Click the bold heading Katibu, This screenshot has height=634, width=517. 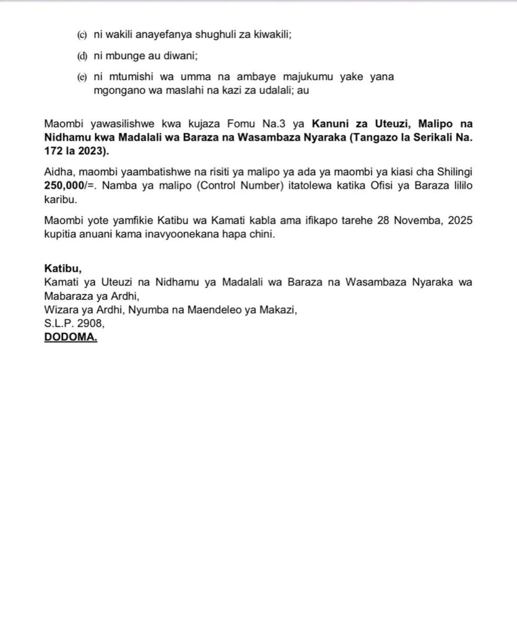(x=63, y=269)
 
